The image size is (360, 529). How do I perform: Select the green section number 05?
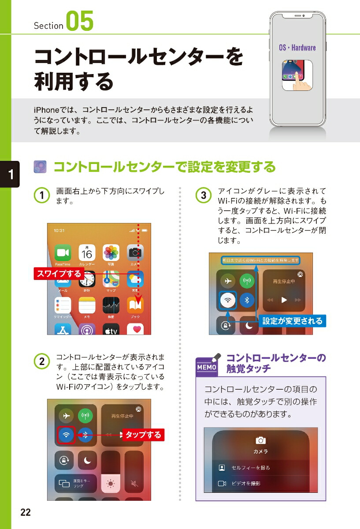(x=80, y=22)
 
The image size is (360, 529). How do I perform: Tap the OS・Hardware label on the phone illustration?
(x=297, y=48)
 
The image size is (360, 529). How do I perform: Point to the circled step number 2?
(x=41, y=361)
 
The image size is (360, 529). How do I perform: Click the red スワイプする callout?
(x=59, y=274)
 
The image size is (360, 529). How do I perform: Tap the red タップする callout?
(x=143, y=435)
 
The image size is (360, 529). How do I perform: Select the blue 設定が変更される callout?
(x=292, y=320)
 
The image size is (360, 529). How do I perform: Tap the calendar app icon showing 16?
(x=87, y=253)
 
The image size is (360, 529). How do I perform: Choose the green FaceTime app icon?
(x=63, y=253)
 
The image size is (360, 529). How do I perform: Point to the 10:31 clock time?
(x=59, y=231)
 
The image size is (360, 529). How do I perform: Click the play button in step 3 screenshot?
(x=284, y=300)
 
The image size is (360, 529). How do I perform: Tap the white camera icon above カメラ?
(x=260, y=440)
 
